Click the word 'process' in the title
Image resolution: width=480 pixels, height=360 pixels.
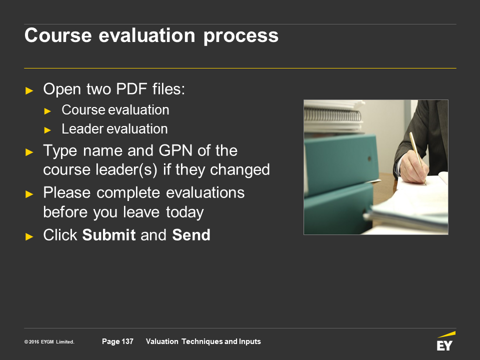pyautogui.click(x=241, y=36)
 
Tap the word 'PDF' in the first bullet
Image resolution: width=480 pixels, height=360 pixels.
pyautogui.click(x=131, y=89)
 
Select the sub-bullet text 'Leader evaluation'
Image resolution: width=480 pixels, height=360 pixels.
pyautogui.click(x=115, y=129)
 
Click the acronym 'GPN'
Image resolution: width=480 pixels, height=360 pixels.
pyautogui.click(x=175, y=150)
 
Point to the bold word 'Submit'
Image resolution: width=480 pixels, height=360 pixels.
pyautogui.click(x=109, y=235)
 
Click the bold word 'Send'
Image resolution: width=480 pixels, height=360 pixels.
pyautogui.click(x=191, y=235)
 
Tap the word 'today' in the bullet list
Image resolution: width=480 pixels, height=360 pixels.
pyautogui.click(x=185, y=212)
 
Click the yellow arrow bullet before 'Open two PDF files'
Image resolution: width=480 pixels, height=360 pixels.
pyautogui.click(x=29, y=90)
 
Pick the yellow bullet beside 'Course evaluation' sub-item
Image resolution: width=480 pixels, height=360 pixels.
pyautogui.click(x=47, y=111)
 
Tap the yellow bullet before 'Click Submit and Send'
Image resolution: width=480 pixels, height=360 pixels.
pyautogui.click(x=29, y=236)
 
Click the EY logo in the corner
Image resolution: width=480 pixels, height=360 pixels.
pyautogui.click(x=445, y=341)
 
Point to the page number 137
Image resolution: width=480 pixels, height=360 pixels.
pyautogui.click(x=127, y=341)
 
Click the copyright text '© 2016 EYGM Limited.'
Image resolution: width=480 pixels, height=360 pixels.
pyautogui.click(x=49, y=342)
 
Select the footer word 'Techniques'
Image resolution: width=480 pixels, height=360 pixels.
pyautogui.click(x=202, y=341)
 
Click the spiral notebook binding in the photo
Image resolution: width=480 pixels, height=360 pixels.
pyautogui.click(x=332, y=115)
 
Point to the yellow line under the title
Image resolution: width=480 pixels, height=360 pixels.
pyautogui.click(x=240, y=68)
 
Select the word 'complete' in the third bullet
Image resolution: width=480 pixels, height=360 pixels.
pyautogui.click(x=129, y=193)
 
